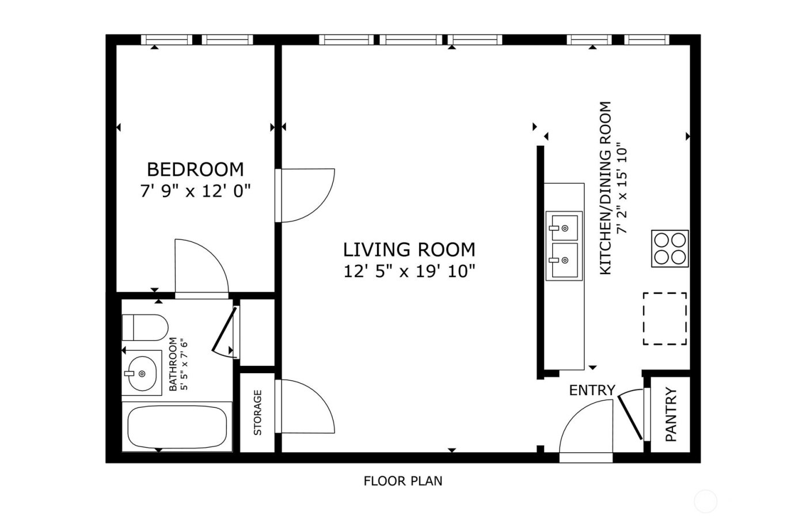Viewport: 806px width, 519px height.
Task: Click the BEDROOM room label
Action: click(x=195, y=169)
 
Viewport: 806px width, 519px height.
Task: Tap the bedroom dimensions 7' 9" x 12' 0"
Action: click(x=195, y=190)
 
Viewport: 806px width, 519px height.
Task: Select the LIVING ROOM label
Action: click(x=409, y=249)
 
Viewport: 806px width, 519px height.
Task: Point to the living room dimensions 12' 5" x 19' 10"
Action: click(x=409, y=270)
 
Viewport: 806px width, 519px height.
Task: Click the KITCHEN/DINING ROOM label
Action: click(x=605, y=188)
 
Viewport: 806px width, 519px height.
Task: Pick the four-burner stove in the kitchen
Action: click(x=670, y=248)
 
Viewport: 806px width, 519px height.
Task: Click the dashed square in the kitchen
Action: click(x=664, y=319)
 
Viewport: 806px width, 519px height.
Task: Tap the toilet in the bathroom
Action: click(x=144, y=327)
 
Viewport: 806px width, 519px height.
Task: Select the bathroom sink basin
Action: click(x=141, y=373)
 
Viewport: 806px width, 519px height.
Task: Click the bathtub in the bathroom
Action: click(x=177, y=427)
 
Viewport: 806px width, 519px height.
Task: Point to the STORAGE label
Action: click(x=257, y=412)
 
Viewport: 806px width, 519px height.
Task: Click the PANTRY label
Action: click(x=671, y=415)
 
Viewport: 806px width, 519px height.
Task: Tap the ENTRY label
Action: click(x=592, y=391)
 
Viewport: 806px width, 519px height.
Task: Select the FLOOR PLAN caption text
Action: click(x=402, y=480)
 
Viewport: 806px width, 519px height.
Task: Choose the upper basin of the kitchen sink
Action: click(x=564, y=226)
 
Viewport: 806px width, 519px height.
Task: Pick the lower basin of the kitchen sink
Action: click(x=564, y=260)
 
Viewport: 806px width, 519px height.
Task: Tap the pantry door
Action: click(x=630, y=416)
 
